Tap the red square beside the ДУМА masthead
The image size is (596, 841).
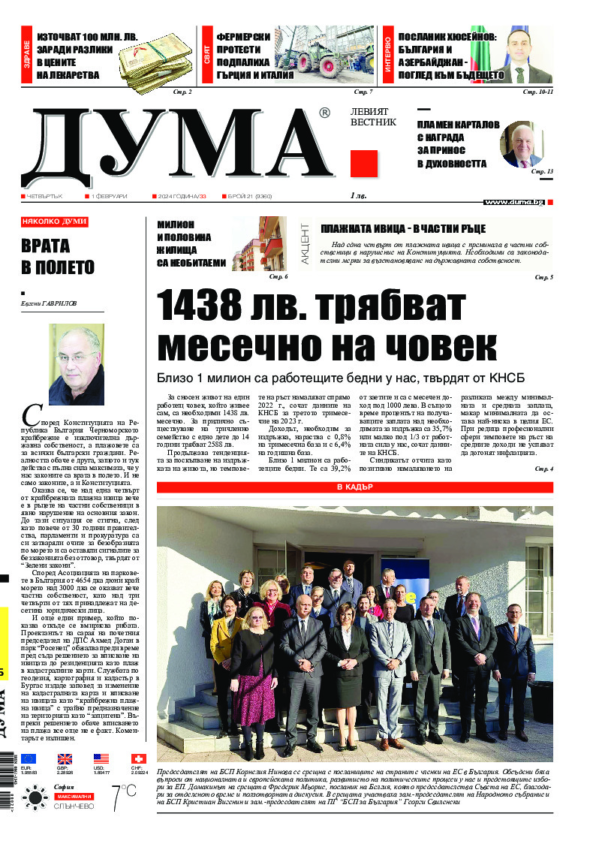pyautogui.click(x=364, y=163)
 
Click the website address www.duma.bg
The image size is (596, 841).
pyautogui.click(x=514, y=202)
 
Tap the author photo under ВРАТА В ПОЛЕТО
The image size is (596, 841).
pyautogui.click(x=76, y=365)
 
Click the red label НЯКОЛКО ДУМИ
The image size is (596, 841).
pyautogui.click(x=55, y=222)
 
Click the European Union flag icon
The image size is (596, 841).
pyautogui.click(x=29, y=759)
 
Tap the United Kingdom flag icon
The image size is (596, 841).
pyautogui.click(x=65, y=759)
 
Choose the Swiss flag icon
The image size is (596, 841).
pyautogui.click(x=138, y=759)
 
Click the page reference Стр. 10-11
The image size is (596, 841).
pyautogui.click(x=537, y=92)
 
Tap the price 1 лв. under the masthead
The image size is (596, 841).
pyautogui.click(x=358, y=196)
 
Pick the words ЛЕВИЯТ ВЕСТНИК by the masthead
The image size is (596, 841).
pyautogui.click(x=372, y=116)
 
